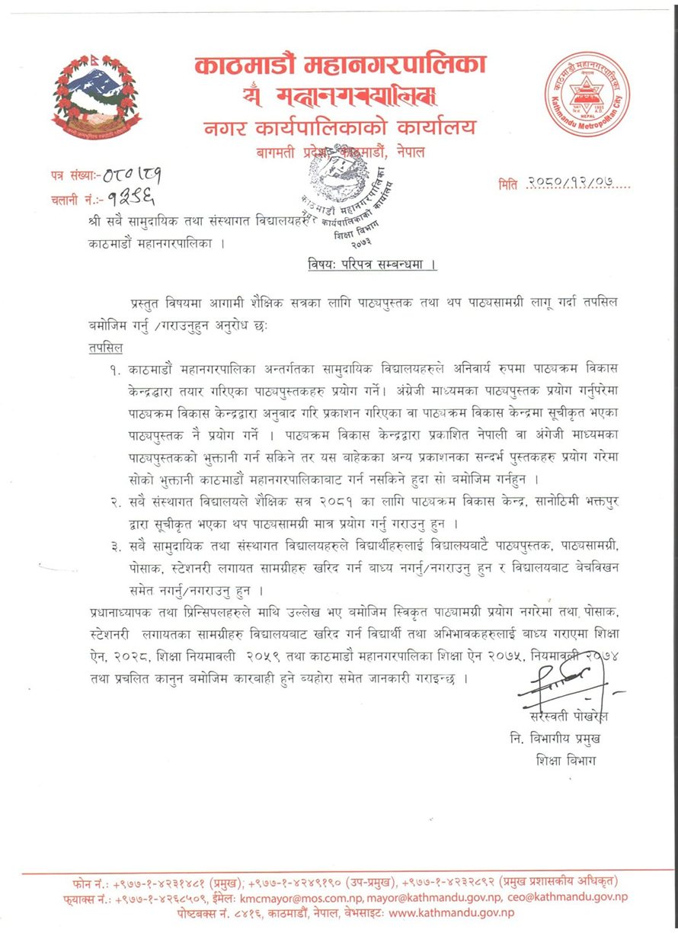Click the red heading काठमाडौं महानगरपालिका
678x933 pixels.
340,64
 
